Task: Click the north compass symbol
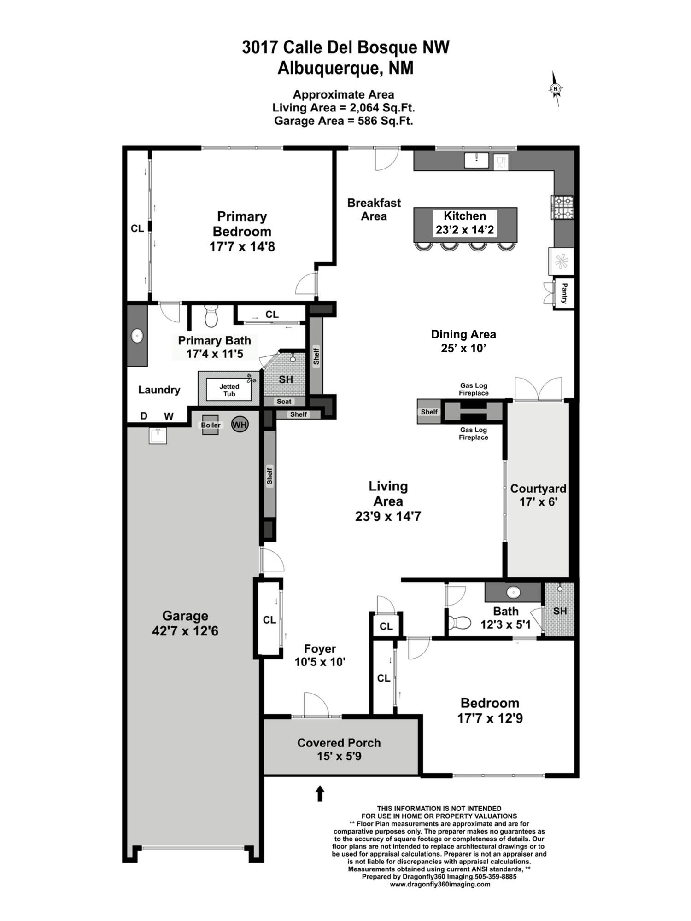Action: pos(556,89)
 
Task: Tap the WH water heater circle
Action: pos(240,424)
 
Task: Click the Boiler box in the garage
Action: pos(211,425)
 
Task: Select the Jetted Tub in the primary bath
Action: pos(229,390)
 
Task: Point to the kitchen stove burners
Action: pos(563,207)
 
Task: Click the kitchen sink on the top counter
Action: pos(476,160)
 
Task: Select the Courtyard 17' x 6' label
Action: pos(538,495)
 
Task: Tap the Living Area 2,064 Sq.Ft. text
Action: pos(343,108)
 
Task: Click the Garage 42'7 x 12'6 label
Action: pos(185,623)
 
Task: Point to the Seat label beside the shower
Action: pos(284,402)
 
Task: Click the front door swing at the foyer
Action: pos(316,705)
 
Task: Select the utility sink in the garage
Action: pos(158,435)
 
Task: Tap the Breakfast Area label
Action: pos(374,210)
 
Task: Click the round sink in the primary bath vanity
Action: pos(137,336)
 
